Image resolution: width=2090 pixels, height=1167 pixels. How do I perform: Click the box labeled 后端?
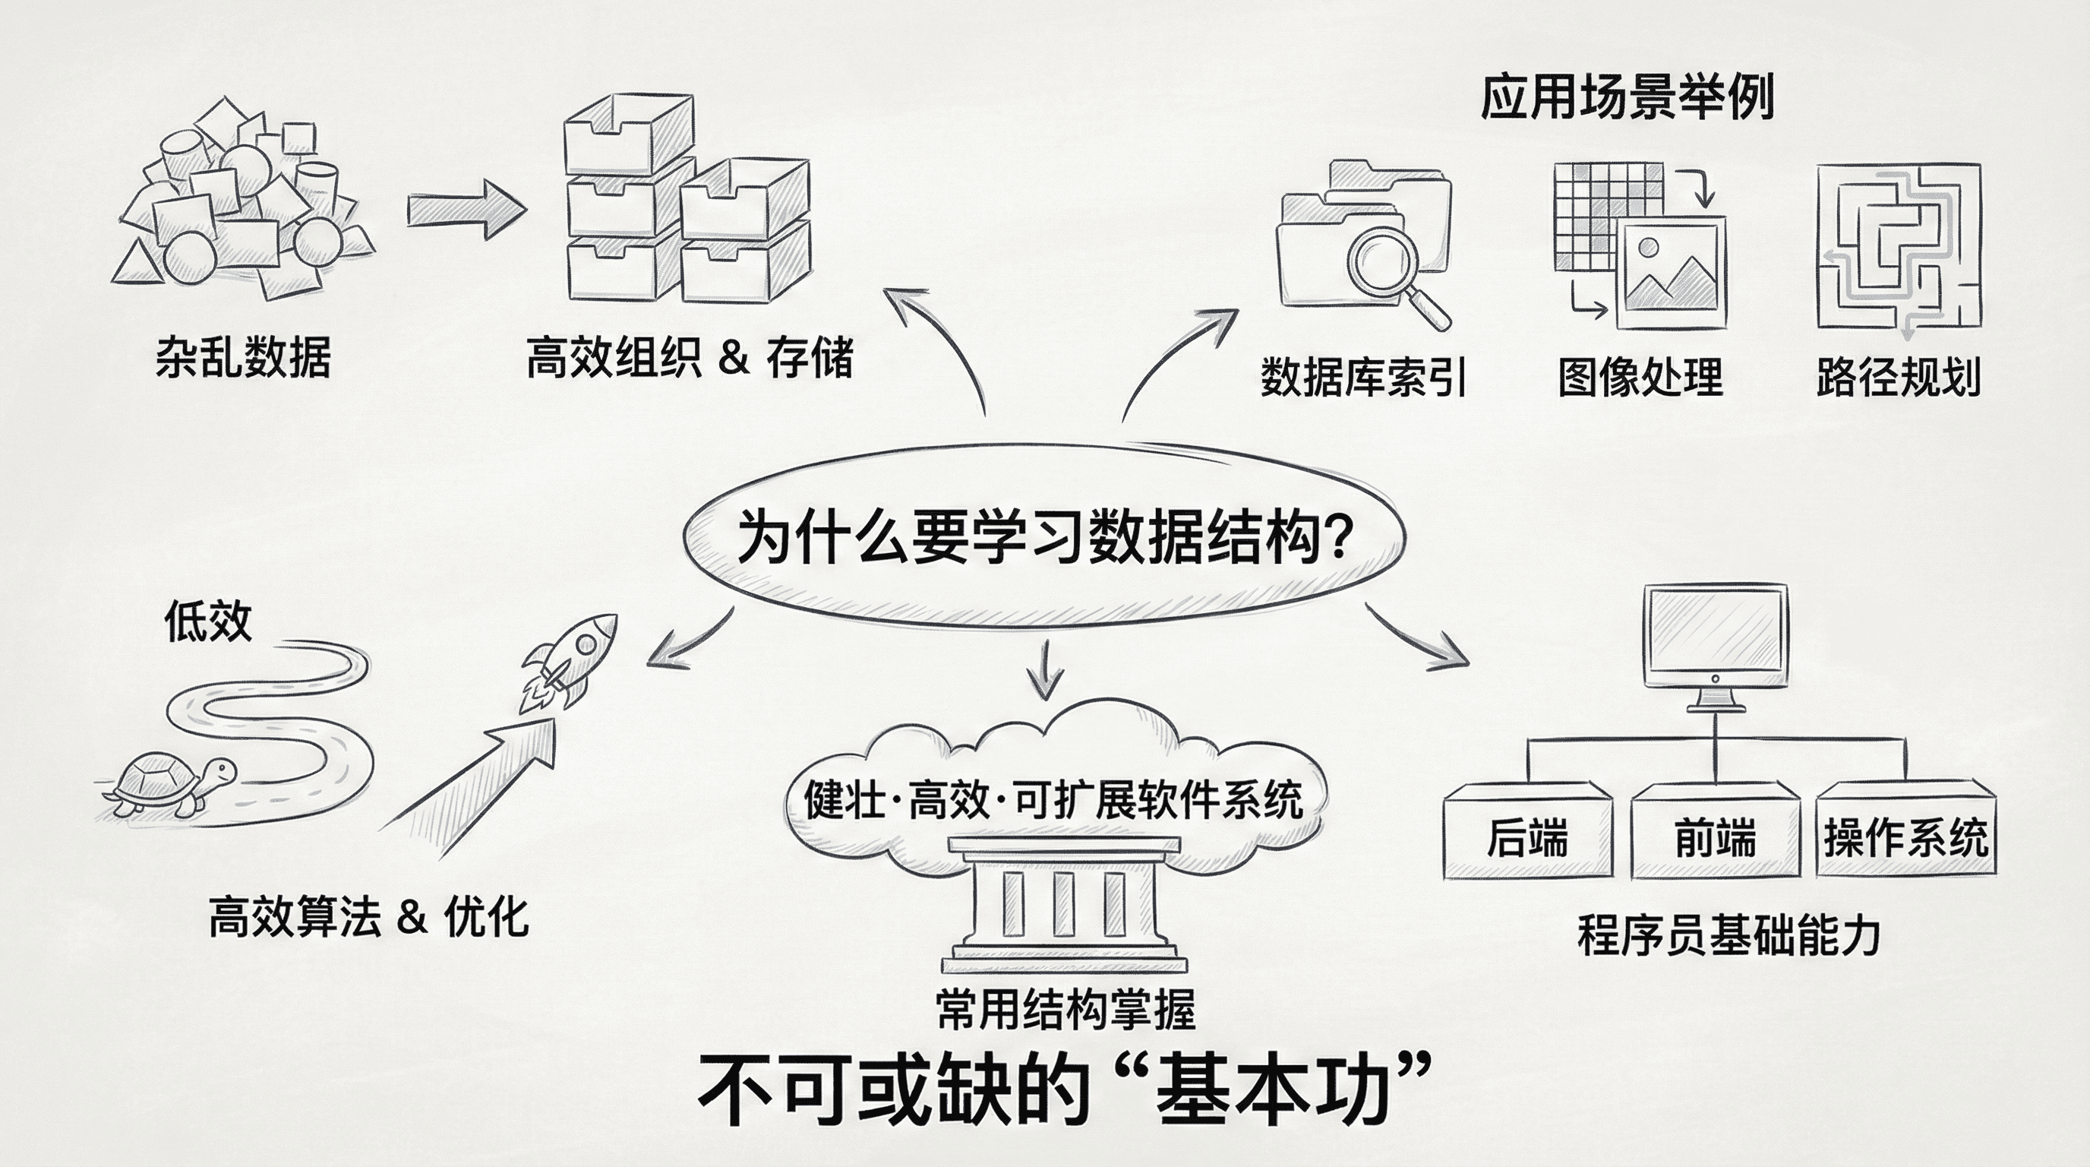pyautogui.click(x=1527, y=836)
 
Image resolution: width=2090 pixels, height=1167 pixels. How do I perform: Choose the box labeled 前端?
pyautogui.click(x=1714, y=836)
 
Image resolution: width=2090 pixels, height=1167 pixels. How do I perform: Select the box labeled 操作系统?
pyautogui.click(x=1905, y=836)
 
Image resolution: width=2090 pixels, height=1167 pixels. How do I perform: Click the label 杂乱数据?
pyautogui.click(x=243, y=357)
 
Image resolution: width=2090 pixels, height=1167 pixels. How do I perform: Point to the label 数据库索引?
pyautogui.click(x=1363, y=378)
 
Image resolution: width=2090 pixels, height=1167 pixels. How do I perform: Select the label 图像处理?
pyautogui.click(x=1640, y=378)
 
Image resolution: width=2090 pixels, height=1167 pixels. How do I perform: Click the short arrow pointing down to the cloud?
pyautogui.click(x=1045, y=670)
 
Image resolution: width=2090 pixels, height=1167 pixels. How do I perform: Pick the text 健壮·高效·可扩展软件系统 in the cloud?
pyautogui.click(x=1053, y=800)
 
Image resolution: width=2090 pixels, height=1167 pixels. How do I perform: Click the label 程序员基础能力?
pyautogui.click(x=1729, y=936)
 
